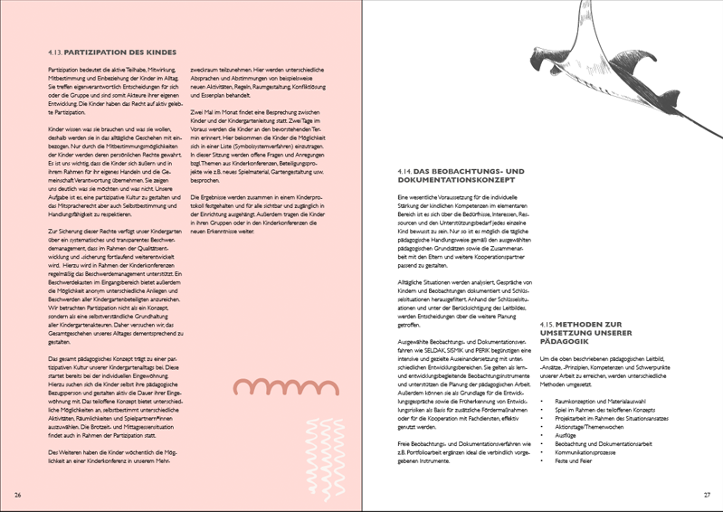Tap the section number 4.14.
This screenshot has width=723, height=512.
[405, 171]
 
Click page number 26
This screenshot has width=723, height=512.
[18, 495]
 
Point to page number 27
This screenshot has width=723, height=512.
[707, 495]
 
